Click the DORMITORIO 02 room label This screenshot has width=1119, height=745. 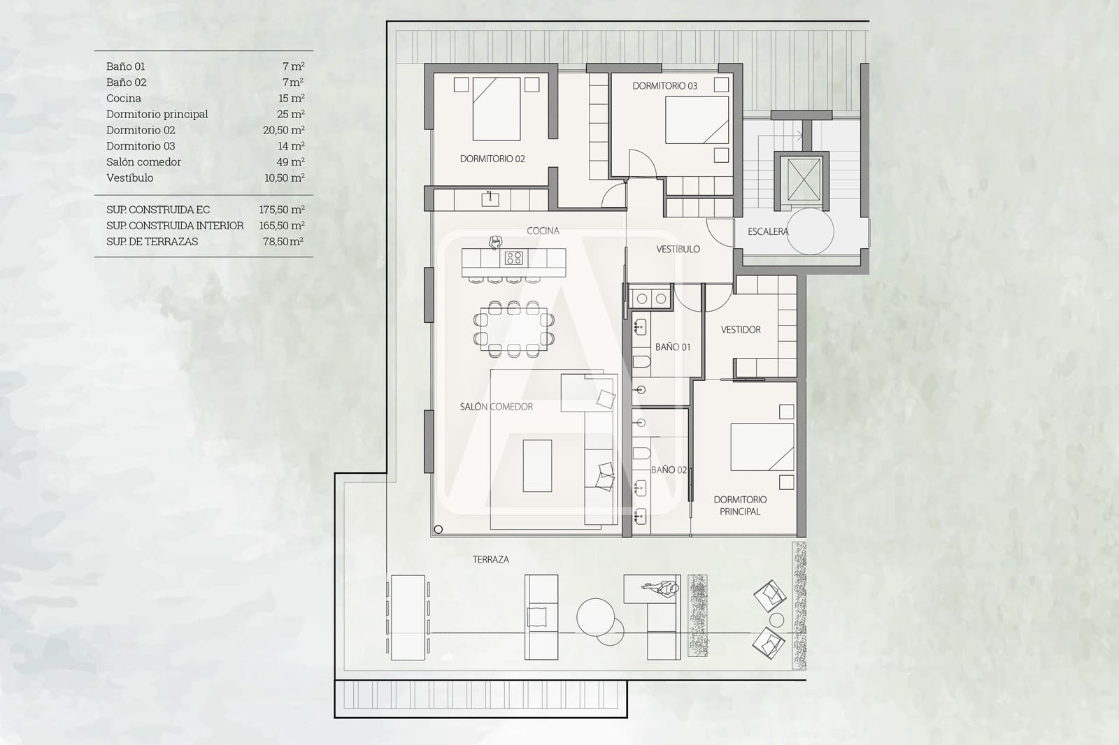(492, 159)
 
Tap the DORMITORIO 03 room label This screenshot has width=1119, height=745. (664, 86)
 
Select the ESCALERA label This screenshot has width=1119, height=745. (767, 231)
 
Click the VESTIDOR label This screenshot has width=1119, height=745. (741, 329)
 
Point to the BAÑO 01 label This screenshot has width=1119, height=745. (672, 347)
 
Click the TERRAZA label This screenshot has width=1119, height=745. (490, 559)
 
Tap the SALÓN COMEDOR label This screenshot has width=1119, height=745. (496, 406)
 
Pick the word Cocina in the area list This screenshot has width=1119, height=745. (124, 98)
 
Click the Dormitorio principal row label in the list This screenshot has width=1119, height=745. (157, 114)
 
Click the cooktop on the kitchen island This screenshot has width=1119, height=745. (514, 258)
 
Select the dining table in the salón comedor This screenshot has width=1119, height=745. (514, 329)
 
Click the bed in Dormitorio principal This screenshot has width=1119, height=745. (762, 447)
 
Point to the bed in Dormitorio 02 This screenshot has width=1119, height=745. (497, 108)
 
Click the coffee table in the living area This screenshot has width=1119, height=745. (537, 465)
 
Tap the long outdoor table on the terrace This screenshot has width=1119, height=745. (408, 617)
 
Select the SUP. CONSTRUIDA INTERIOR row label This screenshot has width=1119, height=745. (175, 226)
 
